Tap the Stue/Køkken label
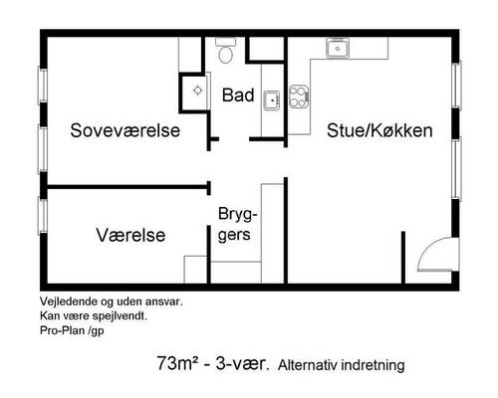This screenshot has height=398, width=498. coord(379,130)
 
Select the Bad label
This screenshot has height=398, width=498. coord(237,97)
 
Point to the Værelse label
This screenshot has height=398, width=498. coord(130,235)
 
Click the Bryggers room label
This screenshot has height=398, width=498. coord(238,225)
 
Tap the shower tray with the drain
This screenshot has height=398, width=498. coord(196,91)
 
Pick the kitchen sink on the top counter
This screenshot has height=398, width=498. coord(339,50)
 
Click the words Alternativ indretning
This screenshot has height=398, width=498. coord(341,365)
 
